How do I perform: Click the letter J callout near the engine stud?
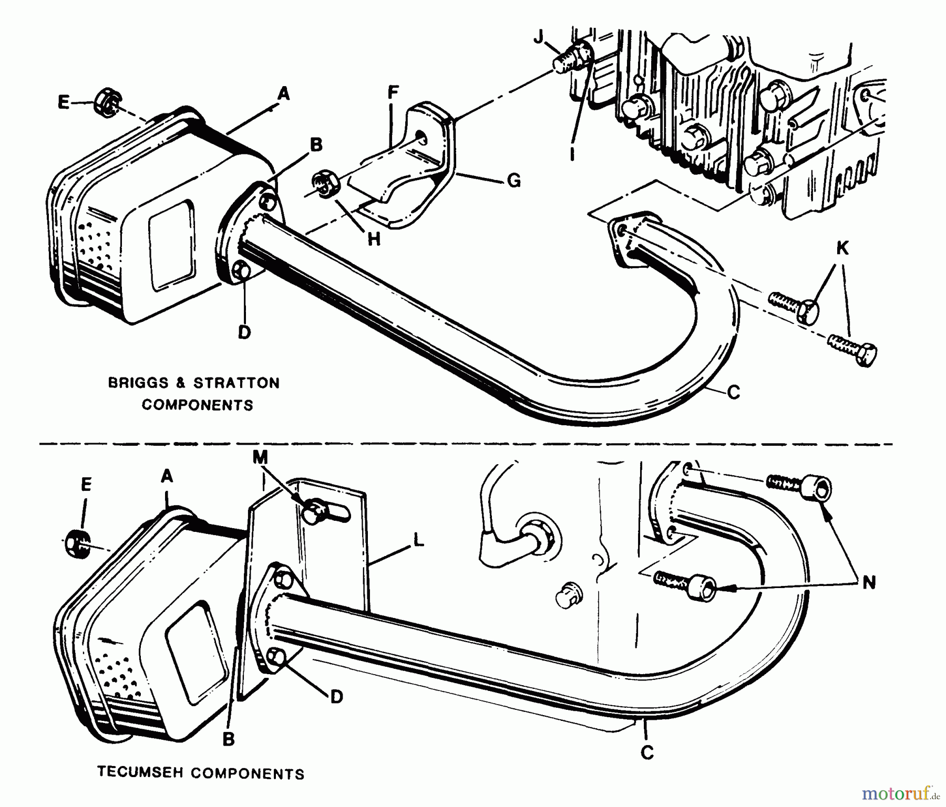pyautogui.click(x=538, y=37)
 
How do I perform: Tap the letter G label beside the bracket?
pyautogui.click(x=514, y=181)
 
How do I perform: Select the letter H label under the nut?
pyautogui.click(x=374, y=239)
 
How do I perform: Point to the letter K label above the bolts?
pyautogui.click(x=842, y=248)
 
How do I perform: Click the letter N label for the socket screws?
pyautogui.click(x=869, y=582)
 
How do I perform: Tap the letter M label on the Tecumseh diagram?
pyautogui.click(x=260, y=458)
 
